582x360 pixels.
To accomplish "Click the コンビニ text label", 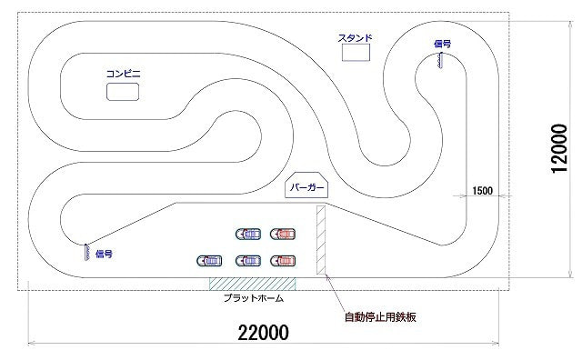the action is click(123, 73).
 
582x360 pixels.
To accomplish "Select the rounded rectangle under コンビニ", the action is click(123, 92).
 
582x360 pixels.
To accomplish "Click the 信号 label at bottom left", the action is click(104, 255).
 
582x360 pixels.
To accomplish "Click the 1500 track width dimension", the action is click(482, 191).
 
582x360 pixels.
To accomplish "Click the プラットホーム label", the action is click(254, 297).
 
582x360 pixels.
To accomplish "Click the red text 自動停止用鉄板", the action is click(379, 317).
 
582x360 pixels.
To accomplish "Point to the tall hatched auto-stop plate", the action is click(320, 240).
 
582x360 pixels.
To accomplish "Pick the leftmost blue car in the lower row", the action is click(208, 261).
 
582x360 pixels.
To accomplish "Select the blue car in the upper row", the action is click(247, 234).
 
